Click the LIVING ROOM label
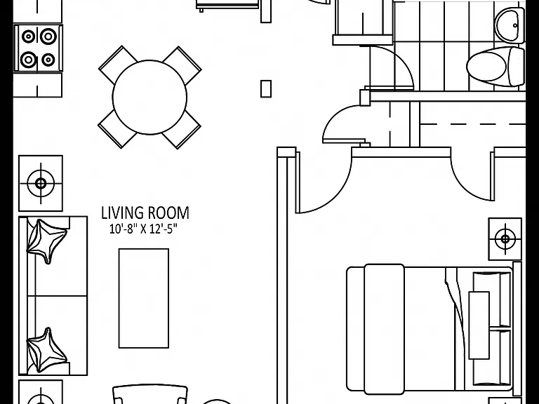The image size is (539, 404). pyautogui.click(x=145, y=213)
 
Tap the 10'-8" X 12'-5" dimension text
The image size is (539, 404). pyautogui.click(x=143, y=229)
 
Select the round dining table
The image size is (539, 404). pyautogui.click(x=149, y=97)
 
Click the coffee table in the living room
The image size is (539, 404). pyautogui.click(x=144, y=298)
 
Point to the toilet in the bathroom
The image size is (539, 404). pyautogui.click(x=495, y=67)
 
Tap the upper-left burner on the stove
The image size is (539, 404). pyautogui.click(x=28, y=36)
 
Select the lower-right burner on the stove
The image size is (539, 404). pyautogui.click(x=48, y=60)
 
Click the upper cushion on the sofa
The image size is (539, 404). pyautogui.click(x=46, y=241)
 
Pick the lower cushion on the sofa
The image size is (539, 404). pyautogui.click(x=46, y=350)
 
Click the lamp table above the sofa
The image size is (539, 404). pyautogui.click(x=41, y=183)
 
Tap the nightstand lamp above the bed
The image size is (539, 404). pyautogui.click(x=505, y=238)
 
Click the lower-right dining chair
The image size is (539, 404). pyautogui.click(x=182, y=129)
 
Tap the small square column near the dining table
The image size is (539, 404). pyautogui.click(x=266, y=88)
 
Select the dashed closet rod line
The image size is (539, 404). pyautogui.click(x=472, y=123)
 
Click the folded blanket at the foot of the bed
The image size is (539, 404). pyautogui.click(x=385, y=329)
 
